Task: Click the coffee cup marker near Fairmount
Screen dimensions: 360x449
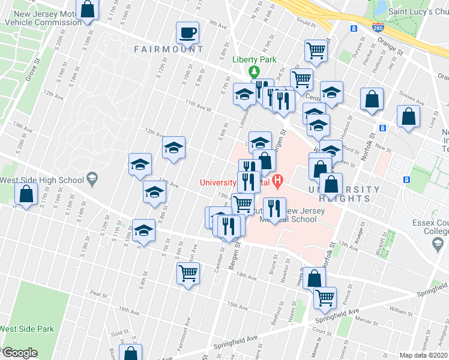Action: pyautogui.click(x=188, y=34)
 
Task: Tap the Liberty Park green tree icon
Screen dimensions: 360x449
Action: pyautogui.click(x=255, y=71)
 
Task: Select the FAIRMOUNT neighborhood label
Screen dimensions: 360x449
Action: pyautogui.click(x=161, y=49)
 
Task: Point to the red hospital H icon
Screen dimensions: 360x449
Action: pyautogui.click(x=277, y=179)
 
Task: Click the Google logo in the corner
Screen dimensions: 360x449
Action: pyautogui.click(x=20, y=353)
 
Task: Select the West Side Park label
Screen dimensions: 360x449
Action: pyautogui.click(x=27, y=329)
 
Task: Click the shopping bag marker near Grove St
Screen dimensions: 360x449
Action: pyautogui.click(x=26, y=194)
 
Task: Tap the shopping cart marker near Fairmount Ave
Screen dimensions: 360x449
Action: pyautogui.click(x=188, y=274)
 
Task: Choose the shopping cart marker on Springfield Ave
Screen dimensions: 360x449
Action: pyautogui.click(x=325, y=297)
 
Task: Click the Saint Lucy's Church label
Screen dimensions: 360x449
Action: pyautogui.click(x=418, y=11)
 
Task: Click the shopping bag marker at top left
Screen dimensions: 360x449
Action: pyautogui.click(x=88, y=10)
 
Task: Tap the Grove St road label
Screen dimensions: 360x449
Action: pyautogui.click(x=32, y=70)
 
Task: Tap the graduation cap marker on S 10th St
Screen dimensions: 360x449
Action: pyautogui.click(x=144, y=230)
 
